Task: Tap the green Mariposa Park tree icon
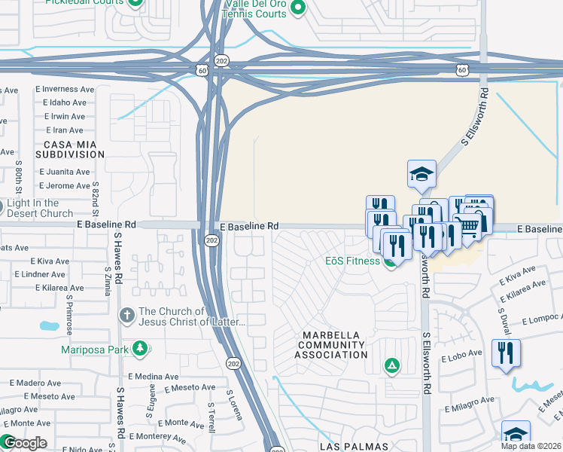139,347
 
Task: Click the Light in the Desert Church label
41,208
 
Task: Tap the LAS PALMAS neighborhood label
354,446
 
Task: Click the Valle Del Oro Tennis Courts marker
298,9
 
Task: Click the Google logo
25,443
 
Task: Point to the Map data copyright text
531,446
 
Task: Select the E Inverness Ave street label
64,89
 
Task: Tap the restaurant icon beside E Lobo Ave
504,353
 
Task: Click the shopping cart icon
469,224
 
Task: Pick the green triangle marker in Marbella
391,367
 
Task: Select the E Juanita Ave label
65,172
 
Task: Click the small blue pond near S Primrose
48,326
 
